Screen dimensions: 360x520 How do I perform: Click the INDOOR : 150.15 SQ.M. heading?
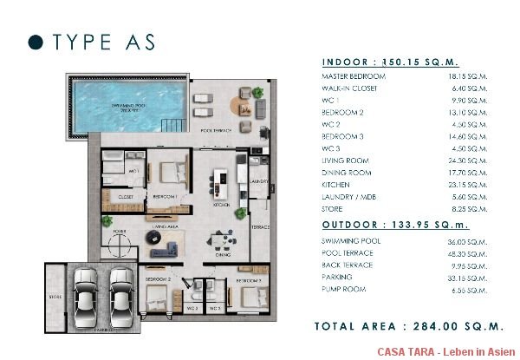coord(389,62)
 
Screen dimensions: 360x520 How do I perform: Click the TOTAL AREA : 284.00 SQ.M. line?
coord(409,327)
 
